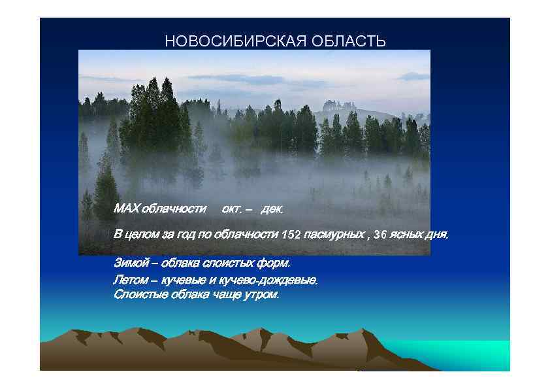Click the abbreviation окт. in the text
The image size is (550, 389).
pos(232,209)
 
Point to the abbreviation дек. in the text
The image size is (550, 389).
pos(272,209)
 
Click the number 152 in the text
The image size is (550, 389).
pos(291,235)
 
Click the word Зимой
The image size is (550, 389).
pos(128,263)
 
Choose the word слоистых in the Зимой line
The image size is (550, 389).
pos(221,263)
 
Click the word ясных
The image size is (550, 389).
pos(407,235)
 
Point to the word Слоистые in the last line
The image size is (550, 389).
pos(138,294)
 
